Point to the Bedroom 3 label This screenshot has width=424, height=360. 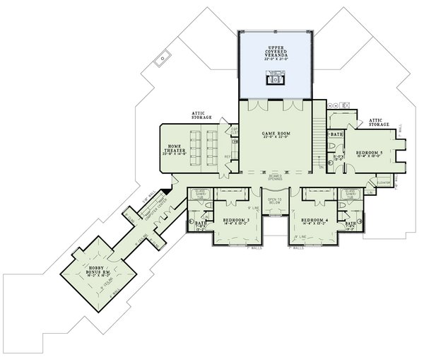tap(235, 220)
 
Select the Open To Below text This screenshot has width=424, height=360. tap(274, 202)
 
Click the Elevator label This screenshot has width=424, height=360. tap(384, 182)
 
